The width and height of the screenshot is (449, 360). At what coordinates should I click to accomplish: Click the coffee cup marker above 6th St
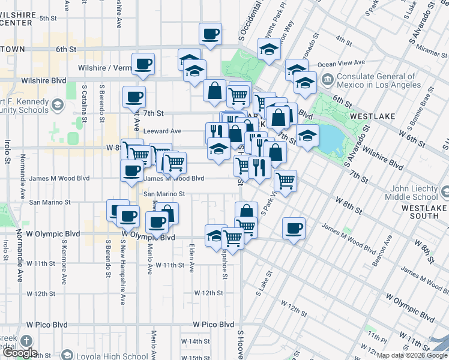pyautogui.click(x=210, y=35)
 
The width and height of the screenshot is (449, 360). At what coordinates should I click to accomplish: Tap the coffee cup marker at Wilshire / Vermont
pyautogui.click(x=143, y=64)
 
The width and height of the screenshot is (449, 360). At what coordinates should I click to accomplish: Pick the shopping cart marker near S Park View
pyautogui.click(x=285, y=180)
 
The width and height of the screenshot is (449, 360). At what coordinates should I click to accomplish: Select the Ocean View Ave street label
pyautogui.click(x=341, y=63)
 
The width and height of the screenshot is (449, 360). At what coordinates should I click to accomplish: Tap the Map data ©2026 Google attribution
pyautogui.click(x=412, y=355)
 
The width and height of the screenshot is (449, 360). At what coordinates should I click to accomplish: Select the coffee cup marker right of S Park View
pyautogui.click(x=293, y=229)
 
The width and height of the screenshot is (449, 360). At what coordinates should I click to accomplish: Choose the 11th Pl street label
pyautogui.click(x=373, y=337)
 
